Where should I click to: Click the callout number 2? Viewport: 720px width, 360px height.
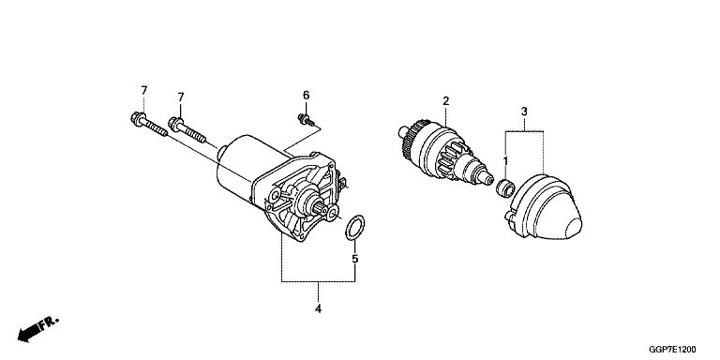coord(446,101)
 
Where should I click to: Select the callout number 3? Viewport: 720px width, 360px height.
coord(524,112)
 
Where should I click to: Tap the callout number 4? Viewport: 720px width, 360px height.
coord(318,308)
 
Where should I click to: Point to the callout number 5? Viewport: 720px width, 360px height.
coord(354,259)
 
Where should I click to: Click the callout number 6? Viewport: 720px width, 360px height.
coord(306,96)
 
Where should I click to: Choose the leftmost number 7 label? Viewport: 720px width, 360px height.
coord(144,90)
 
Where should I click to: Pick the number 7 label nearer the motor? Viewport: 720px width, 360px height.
coord(181,97)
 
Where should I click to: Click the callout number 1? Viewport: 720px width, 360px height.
coord(505,161)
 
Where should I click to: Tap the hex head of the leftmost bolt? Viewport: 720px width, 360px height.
coord(137,118)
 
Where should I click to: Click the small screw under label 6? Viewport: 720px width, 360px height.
coord(307,120)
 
